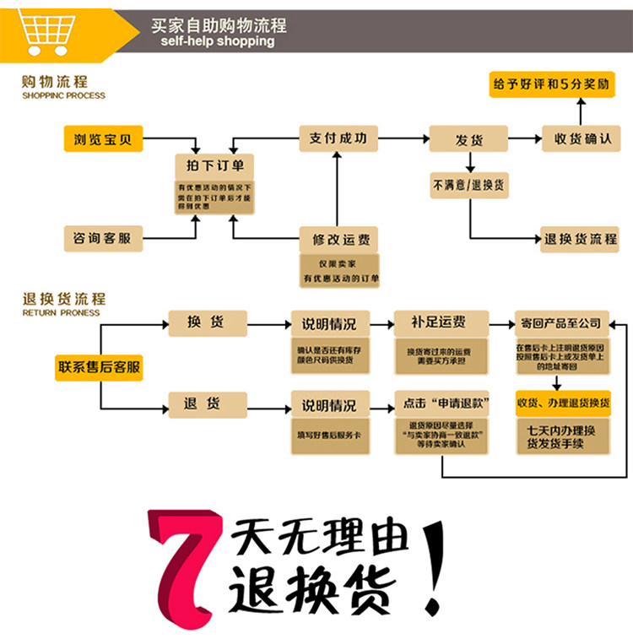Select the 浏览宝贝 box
[104, 138]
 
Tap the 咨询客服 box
[104, 239]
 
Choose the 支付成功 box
[338, 138]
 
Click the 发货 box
[469, 138]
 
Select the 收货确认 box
[581, 138]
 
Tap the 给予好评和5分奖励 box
[552, 84]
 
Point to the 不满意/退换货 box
[469, 185]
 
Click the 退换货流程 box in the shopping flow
[581, 239]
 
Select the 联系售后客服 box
[99, 367]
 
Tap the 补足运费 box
[441, 322]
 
